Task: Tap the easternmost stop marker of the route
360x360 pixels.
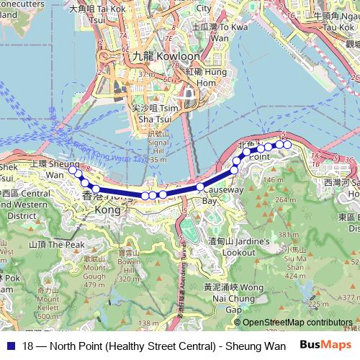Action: (x=287, y=145)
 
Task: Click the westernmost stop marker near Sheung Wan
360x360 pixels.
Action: (x=72, y=171)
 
